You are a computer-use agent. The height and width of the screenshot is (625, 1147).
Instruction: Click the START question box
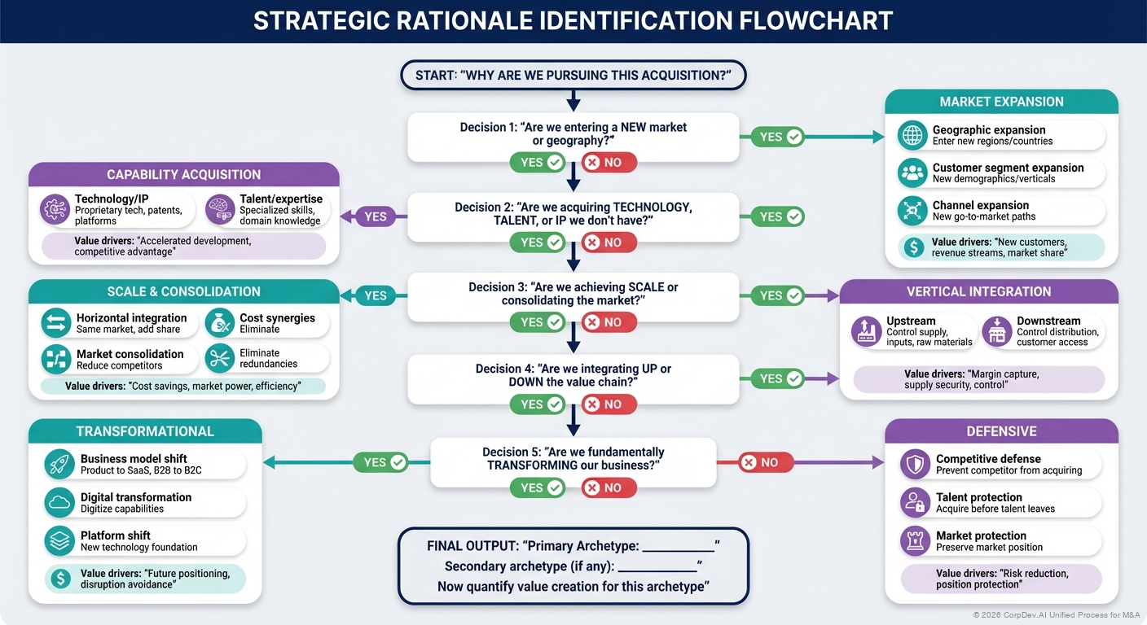[573, 76]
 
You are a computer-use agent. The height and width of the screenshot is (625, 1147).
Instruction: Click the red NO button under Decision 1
[603, 162]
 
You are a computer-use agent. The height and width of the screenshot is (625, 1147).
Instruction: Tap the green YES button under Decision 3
[541, 322]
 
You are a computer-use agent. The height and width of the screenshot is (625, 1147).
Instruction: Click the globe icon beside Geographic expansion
[913, 135]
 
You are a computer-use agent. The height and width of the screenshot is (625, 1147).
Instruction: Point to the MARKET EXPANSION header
[1001, 102]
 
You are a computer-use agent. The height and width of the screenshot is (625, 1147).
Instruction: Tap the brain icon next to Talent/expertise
[221, 209]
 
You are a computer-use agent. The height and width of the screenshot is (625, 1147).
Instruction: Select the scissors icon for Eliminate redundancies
[220, 358]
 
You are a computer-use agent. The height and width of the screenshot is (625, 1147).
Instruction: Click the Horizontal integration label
[131, 318]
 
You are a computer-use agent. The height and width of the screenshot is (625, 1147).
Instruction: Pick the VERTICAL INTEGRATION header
[978, 291]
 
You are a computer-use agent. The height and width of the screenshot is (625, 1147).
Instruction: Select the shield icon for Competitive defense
[916, 465]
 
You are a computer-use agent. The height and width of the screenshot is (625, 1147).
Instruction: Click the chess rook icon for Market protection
[916, 541]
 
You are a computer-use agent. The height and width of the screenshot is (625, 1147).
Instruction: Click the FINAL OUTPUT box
[573, 566]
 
